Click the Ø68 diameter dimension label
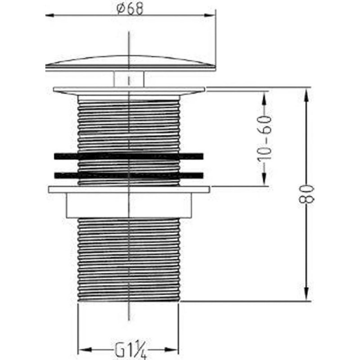(130, 9)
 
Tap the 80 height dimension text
(306, 194)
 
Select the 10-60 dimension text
(265, 139)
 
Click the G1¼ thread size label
(130, 351)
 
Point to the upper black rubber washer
(129, 156)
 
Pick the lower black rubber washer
(129, 175)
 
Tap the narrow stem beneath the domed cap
(129, 79)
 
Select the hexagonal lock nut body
(129, 205)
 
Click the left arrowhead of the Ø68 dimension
(50, 15)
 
